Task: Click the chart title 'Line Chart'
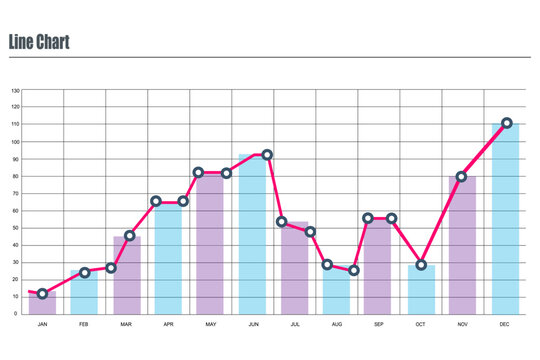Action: click(38, 42)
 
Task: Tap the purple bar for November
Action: click(462, 245)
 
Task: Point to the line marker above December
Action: click(507, 123)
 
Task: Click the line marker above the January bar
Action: click(42, 294)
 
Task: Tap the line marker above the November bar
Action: click(462, 176)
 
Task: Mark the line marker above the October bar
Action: click(421, 265)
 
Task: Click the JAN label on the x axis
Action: click(42, 325)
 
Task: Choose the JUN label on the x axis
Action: click(252, 325)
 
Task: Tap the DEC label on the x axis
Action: click(504, 325)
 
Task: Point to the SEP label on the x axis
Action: click(378, 325)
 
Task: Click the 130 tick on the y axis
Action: click(15, 90)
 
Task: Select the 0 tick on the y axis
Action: click(17, 314)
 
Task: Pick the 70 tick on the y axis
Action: click(16, 193)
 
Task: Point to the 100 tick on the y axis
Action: click(15, 142)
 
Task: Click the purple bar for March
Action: click(127, 275)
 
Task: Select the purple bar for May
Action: click(210, 245)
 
